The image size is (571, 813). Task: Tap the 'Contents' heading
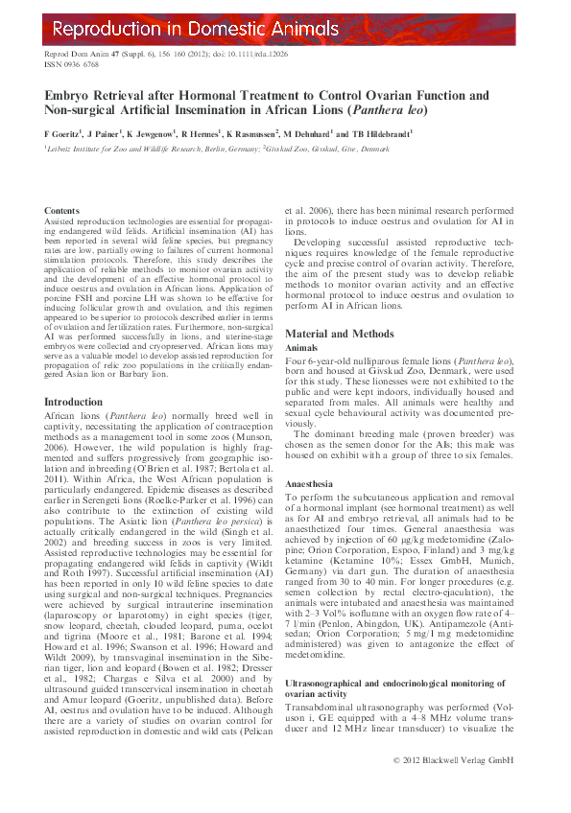tap(62, 210)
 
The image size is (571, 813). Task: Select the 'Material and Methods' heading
tap(339, 334)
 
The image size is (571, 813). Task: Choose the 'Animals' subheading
tap(303, 349)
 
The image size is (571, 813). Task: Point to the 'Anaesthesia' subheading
tap(313, 485)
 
